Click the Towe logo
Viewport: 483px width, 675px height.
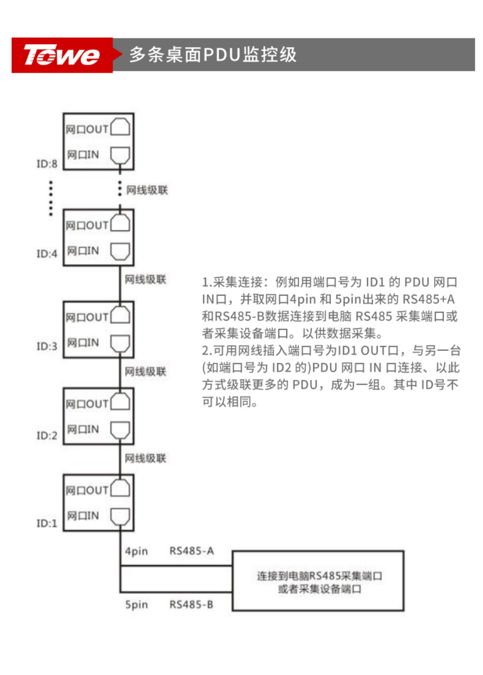tap(62, 55)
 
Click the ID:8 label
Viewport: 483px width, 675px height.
tap(47, 164)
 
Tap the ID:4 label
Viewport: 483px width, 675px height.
tap(47, 254)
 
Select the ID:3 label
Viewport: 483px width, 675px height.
tap(47, 346)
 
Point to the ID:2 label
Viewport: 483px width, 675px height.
tap(47, 436)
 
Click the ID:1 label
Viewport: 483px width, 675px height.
tap(47, 523)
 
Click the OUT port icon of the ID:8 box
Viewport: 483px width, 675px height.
tap(120, 127)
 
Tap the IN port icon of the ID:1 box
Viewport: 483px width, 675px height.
tap(120, 516)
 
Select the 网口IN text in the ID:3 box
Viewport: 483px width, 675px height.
tap(83, 343)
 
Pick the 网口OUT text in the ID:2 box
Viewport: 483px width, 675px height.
tap(87, 404)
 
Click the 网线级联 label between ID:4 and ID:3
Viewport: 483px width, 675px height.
tap(146, 280)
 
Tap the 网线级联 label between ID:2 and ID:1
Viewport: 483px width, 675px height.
tap(146, 458)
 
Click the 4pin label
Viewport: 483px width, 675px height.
tap(137, 551)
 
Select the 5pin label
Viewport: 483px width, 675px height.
tap(137, 605)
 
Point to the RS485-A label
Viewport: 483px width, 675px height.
tap(192, 551)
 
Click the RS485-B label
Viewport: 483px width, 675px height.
tap(192, 605)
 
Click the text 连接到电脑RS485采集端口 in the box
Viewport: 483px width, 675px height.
tap(319, 576)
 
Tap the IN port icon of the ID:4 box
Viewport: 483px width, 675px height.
tap(120, 251)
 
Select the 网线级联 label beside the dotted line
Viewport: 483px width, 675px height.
tap(147, 190)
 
